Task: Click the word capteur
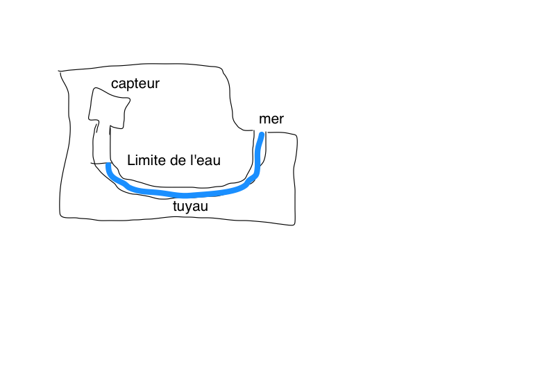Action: [x=135, y=84]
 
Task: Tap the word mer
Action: [x=271, y=119]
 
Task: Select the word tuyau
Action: [x=190, y=206]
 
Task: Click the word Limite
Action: [x=144, y=160]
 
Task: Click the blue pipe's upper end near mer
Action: [x=262, y=135]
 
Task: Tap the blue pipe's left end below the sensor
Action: [x=108, y=166]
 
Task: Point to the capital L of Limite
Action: [x=130, y=160]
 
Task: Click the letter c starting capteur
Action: [x=115, y=85]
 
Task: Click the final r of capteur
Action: [x=158, y=85]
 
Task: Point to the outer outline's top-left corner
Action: [x=60, y=71]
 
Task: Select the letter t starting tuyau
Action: [x=174, y=206]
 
